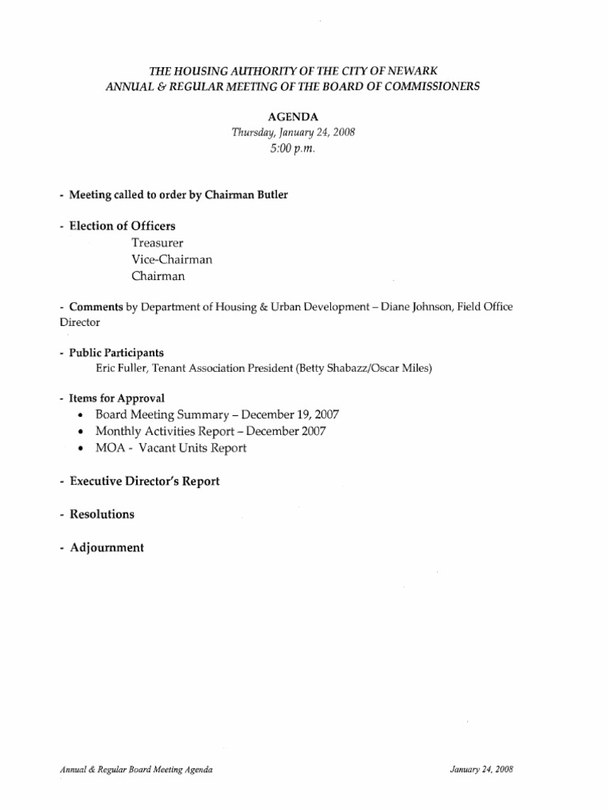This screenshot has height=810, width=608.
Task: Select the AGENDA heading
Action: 293,115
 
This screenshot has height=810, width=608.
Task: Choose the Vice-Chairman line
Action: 172,259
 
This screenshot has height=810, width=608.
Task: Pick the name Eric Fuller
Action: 120,368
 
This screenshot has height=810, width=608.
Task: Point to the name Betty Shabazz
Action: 334,368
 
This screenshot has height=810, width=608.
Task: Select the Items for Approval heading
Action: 116,398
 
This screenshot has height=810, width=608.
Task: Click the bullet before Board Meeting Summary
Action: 83,415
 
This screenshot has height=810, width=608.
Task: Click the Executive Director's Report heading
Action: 144,481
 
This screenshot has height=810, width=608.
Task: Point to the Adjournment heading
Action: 106,547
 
